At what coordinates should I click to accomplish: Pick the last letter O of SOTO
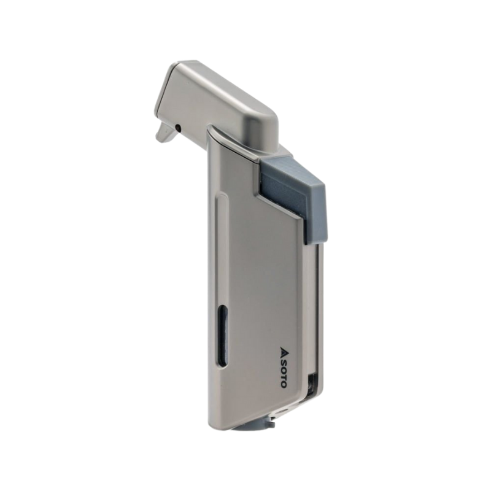(x=282, y=384)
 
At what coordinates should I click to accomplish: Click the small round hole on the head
(x=178, y=128)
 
